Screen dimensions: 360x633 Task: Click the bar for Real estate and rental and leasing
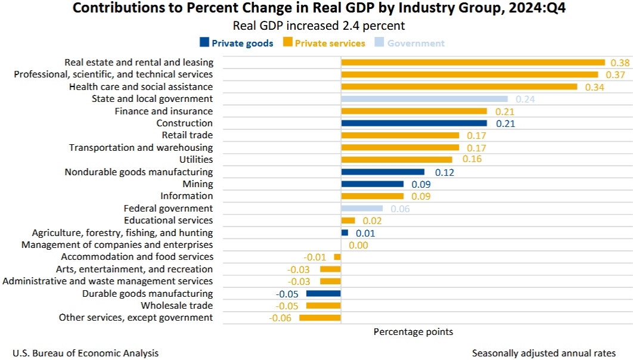(473, 62)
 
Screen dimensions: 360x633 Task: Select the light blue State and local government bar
(424, 99)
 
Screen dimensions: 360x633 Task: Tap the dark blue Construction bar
(414, 123)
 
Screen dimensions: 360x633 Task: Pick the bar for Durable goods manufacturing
(323, 294)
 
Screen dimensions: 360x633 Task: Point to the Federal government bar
(361, 209)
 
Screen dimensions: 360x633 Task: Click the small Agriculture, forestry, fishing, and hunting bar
(345, 232)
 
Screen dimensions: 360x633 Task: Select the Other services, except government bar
(319, 318)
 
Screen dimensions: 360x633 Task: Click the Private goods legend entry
(236, 43)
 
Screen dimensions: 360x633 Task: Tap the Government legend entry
(409, 43)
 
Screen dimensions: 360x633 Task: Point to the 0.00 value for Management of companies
(358, 245)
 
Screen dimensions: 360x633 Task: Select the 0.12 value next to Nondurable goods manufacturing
(445, 172)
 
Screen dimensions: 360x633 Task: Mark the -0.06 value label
(280, 318)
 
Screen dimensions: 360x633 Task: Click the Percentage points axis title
(413, 331)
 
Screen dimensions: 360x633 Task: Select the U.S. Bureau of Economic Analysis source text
(85, 353)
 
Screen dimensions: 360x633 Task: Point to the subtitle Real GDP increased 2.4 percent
(319, 26)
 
